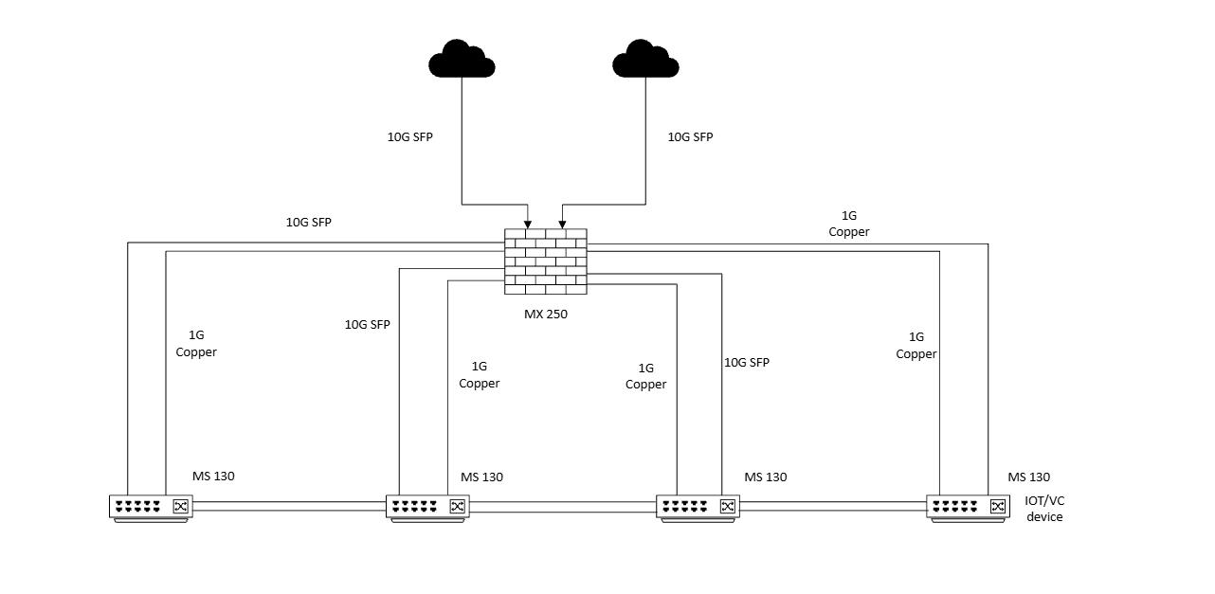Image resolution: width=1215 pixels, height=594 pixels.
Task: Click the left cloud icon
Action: click(x=462, y=59)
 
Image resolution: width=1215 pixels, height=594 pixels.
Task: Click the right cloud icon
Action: click(x=645, y=59)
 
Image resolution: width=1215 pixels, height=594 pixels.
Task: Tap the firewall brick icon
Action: click(x=545, y=257)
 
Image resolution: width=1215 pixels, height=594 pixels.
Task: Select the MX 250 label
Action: click(x=546, y=314)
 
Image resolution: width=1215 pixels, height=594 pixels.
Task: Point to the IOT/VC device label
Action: click(x=1044, y=509)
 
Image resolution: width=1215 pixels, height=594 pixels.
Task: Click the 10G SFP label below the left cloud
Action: click(x=409, y=136)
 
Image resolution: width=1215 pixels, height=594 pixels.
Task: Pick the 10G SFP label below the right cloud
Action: click(x=690, y=136)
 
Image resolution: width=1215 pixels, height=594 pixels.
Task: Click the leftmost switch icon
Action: click(x=151, y=508)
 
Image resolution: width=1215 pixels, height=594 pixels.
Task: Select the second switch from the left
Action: click(x=427, y=508)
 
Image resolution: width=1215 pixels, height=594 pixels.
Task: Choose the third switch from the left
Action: click(x=698, y=508)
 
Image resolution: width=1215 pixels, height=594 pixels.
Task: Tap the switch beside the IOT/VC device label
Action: click(x=968, y=508)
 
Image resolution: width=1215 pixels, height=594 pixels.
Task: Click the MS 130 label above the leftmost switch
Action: click(x=213, y=477)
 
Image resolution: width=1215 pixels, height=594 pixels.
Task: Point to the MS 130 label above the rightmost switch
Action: click(x=1028, y=477)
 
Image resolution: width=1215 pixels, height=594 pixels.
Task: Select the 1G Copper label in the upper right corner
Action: click(x=848, y=224)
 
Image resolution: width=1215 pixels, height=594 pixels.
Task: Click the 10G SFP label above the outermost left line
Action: click(x=309, y=223)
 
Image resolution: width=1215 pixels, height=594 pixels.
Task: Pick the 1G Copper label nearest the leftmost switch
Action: click(x=196, y=344)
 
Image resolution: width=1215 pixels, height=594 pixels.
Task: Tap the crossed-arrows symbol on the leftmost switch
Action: click(x=180, y=507)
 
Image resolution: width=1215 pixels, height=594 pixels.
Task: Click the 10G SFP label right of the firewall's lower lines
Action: click(x=747, y=362)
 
